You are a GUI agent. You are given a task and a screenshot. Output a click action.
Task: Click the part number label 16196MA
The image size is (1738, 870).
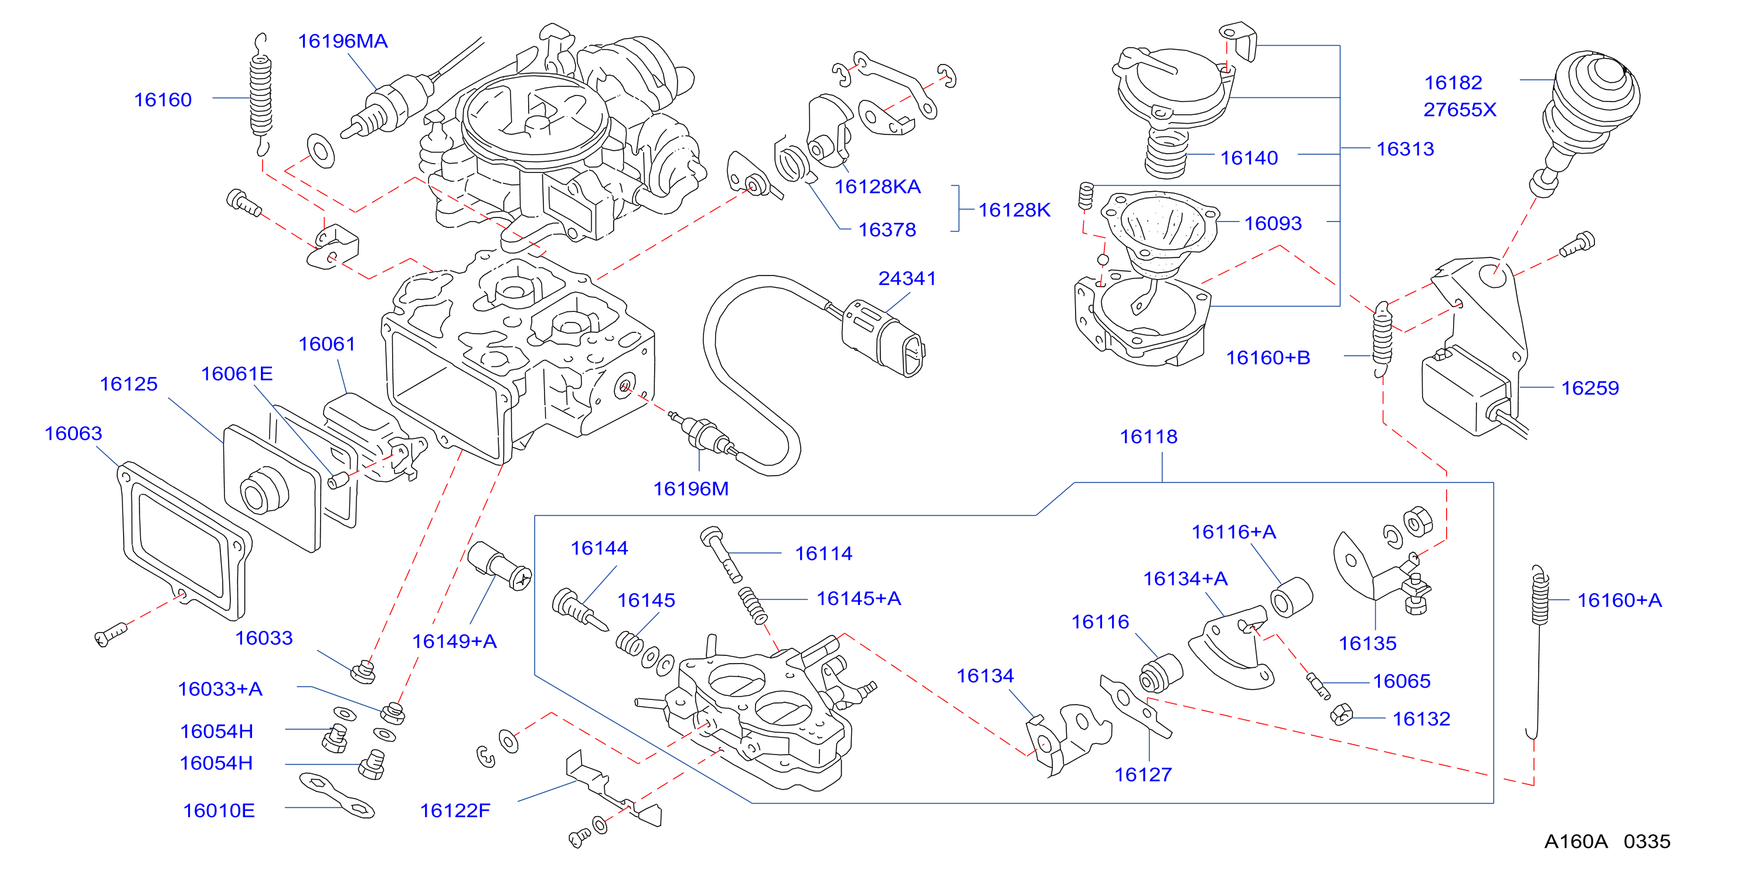(x=343, y=41)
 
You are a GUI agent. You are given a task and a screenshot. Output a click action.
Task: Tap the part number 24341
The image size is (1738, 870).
(x=907, y=278)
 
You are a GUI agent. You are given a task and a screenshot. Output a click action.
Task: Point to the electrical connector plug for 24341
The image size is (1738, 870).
(x=884, y=338)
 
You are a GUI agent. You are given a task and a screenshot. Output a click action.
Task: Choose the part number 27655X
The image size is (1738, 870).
(x=1460, y=110)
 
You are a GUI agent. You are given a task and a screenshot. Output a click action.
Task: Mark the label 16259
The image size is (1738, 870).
(x=1590, y=388)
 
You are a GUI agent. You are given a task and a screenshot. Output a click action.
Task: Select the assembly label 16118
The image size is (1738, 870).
(x=1148, y=437)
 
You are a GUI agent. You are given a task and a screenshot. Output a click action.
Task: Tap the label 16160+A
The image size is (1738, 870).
(x=1619, y=600)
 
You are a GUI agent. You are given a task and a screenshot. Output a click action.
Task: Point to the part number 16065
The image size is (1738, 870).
(x=1402, y=681)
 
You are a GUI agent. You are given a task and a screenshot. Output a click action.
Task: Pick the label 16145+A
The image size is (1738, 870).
(x=858, y=598)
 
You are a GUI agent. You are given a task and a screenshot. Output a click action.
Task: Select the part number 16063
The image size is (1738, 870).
(x=73, y=433)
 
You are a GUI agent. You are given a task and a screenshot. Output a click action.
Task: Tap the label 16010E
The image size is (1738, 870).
(x=219, y=810)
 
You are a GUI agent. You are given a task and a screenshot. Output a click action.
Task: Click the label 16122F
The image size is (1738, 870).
(x=455, y=810)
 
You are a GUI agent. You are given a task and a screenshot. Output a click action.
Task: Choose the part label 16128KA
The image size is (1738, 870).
(x=877, y=186)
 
